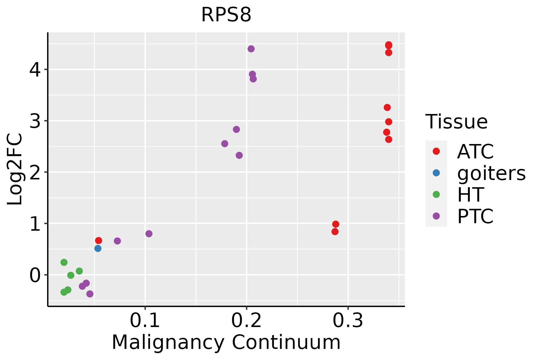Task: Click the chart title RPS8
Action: (x=226, y=15)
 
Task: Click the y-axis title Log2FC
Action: (x=15, y=169)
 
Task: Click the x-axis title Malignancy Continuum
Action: (x=226, y=342)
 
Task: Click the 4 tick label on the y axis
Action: (x=35, y=70)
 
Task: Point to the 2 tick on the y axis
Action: (x=35, y=172)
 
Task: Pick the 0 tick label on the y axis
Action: (x=35, y=275)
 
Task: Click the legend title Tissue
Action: (x=456, y=122)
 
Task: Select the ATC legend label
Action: (x=475, y=151)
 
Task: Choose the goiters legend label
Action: (x=491, y=173)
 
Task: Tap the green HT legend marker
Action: (x=436, y=194)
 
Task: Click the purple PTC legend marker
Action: (x=436, y=216)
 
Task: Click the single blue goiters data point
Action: (x=98, y=248)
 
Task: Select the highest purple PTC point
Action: (x=251, y=49)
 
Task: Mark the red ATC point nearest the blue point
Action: (x=98, y=241)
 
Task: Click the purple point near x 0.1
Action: (x=149, y=234)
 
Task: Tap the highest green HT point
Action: (x=64, y=262)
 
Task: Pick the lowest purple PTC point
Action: (x=90, y=294)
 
